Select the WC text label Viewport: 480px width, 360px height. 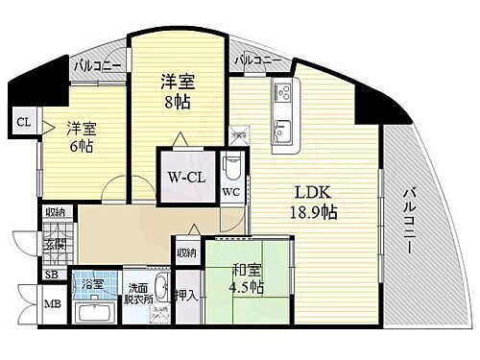230,190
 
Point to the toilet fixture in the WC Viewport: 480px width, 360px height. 231,166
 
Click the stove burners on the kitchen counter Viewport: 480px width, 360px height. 284,94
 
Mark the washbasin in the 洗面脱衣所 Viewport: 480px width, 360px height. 162,287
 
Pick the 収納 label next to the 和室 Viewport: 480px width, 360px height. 186,253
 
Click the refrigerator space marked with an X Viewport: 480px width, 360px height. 240,137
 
